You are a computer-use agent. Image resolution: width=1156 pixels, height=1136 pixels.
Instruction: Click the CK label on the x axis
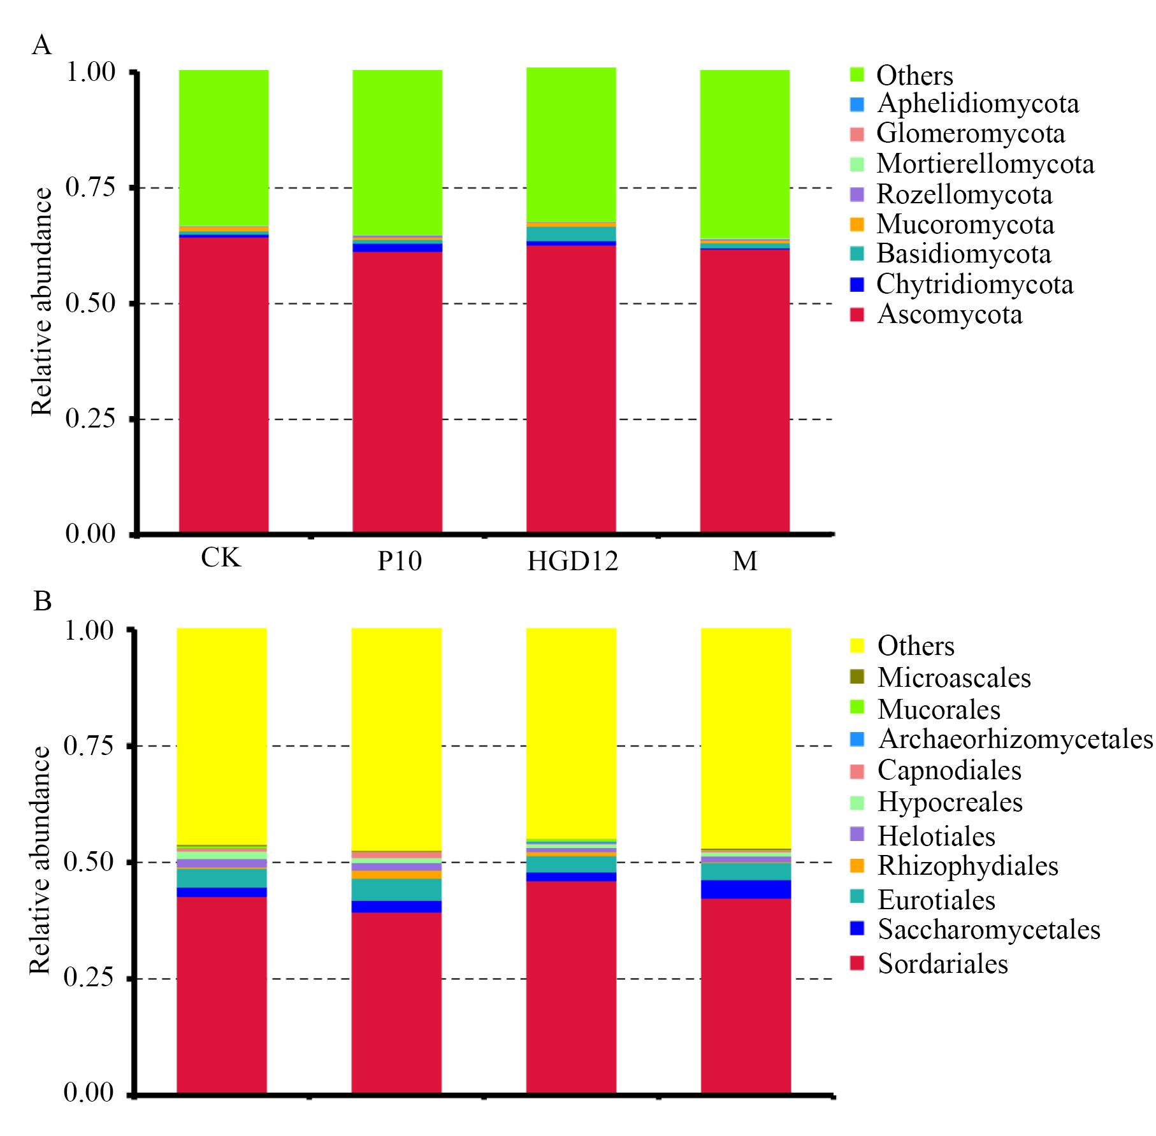pos(221,558)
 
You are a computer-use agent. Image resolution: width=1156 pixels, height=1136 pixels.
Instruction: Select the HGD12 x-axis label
pos(573,561)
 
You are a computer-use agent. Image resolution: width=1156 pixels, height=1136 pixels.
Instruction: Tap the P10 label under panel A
pos(400,561)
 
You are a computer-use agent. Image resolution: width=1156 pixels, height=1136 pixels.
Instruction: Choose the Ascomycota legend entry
pos(950,314)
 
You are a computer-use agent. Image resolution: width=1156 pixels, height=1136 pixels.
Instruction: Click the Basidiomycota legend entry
pos(964,254)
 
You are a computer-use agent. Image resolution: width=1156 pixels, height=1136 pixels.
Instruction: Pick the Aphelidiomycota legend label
pos(978,104)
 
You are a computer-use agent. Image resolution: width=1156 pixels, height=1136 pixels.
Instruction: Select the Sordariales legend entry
pos(943,963)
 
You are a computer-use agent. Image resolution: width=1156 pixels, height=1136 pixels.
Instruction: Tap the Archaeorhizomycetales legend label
pos(1016,739)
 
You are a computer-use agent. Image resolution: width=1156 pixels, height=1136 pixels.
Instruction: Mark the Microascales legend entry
pos(954,677)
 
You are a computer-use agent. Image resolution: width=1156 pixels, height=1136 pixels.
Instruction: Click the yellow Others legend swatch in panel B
pos(857,646)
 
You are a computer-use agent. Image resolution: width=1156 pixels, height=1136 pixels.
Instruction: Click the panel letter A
pos(41,46)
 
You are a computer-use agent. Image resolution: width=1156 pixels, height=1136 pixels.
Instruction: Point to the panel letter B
pos(42,600)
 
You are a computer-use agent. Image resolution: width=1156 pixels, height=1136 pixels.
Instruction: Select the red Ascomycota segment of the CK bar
pos(223,382)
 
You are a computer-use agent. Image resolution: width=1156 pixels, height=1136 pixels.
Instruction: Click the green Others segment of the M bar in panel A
pos(744,153)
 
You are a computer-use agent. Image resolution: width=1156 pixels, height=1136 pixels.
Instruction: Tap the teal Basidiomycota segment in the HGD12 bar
pos(571,234)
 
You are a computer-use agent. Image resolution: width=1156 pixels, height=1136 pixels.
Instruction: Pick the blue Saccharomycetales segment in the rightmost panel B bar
pos(746,889)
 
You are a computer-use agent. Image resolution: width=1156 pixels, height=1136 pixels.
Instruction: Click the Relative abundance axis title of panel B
pos(40,861)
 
